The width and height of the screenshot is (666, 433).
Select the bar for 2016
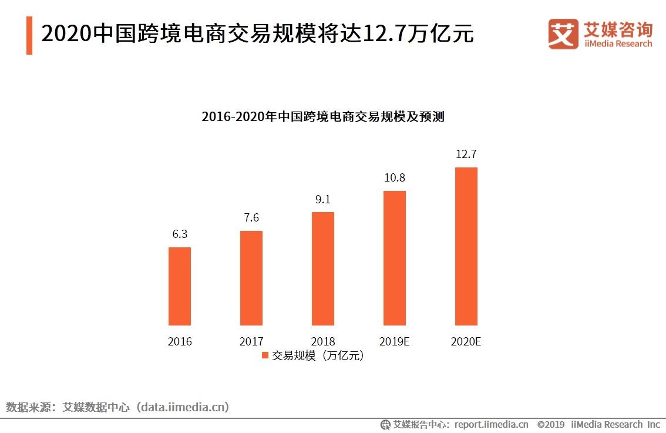point(180,286)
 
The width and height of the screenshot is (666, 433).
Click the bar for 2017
point(251,278)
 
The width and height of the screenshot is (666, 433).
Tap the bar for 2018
point(323,268)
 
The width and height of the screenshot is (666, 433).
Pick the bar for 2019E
point(395,258)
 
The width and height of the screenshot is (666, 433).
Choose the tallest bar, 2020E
point(466,246)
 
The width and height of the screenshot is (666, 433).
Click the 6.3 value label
point(180,234)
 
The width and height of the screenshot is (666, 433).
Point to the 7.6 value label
point(251,217)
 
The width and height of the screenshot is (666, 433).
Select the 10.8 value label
point(395,177)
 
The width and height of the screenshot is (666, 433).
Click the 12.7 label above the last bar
point(466,154)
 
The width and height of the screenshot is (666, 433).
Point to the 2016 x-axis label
point(180,341)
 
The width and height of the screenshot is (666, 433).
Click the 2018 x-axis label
point(323,341)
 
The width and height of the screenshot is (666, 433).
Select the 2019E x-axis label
point(395,341)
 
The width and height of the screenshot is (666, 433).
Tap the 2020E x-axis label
point(466,341)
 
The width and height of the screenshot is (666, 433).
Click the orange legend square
point(264,355)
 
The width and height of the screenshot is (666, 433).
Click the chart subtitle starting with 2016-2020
point(322,116)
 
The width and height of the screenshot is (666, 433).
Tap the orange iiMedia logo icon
point(563,34)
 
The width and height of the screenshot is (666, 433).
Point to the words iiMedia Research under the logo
point(618,43)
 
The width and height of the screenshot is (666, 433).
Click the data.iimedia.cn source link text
point(183,407)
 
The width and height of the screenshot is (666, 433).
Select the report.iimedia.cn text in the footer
point(491,424)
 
